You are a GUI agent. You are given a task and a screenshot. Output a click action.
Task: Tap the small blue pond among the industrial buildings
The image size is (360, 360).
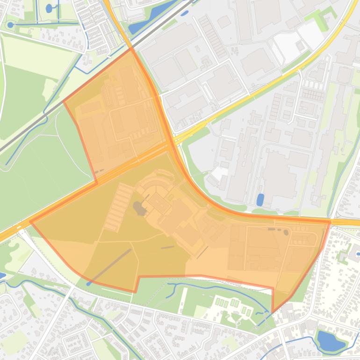click(x=260, y=200)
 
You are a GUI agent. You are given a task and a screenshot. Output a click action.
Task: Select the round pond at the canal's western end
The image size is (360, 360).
click(x=10, y=25)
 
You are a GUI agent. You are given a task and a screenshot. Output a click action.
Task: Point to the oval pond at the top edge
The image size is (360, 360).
click(x=49, y=8)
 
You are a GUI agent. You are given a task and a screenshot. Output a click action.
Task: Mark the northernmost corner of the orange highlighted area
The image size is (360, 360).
click(x=131, y=48)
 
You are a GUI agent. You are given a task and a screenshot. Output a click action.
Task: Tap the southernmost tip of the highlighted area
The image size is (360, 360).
click(x=273, y=312)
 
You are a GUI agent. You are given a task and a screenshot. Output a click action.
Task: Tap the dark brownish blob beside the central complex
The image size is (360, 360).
click(x=138, y=207)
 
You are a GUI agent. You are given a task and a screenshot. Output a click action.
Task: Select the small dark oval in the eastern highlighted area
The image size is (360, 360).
click(x=286, y=232)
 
